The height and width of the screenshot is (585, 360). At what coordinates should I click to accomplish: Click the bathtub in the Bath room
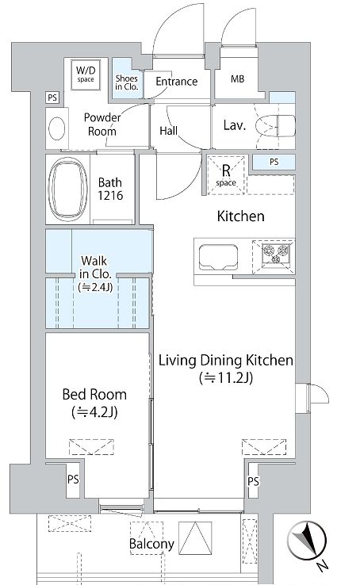tap(68, 189)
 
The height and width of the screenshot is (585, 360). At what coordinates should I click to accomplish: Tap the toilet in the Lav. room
tap(275, 125)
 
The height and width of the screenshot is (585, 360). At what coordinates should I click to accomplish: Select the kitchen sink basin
tap(218, 257)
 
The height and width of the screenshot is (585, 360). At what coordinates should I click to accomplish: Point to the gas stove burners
tap(276, 254)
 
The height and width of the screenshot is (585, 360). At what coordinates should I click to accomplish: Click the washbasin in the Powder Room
tap(57, 128)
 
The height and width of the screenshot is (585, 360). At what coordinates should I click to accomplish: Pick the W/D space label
tap(86, 74)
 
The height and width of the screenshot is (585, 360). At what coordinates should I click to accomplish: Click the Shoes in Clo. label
tap(127, 82)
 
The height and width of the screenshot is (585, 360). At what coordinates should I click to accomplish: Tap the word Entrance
tap(177, 82)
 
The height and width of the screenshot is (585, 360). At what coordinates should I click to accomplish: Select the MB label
tap(237, 78)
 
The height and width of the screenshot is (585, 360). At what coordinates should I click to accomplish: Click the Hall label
tap(169, 131)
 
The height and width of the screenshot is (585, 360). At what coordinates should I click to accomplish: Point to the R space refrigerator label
tap(226, 175)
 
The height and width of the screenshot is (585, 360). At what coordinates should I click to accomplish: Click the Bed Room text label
tap(94, 394)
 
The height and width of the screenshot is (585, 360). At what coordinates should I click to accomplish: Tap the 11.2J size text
tap(226, 378)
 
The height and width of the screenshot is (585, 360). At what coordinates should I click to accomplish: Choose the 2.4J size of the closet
tap(95, 287)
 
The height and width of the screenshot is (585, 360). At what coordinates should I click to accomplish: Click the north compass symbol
tap(307, 541)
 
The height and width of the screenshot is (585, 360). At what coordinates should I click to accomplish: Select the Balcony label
tap(151, 544)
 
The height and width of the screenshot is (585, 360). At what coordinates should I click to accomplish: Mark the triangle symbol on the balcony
tap(195, 537)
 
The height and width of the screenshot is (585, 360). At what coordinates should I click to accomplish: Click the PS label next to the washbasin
tap(52, 97)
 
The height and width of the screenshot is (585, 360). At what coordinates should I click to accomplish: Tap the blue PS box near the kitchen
tap(274, 162)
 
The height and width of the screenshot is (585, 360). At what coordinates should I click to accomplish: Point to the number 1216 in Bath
tap(110, 195)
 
